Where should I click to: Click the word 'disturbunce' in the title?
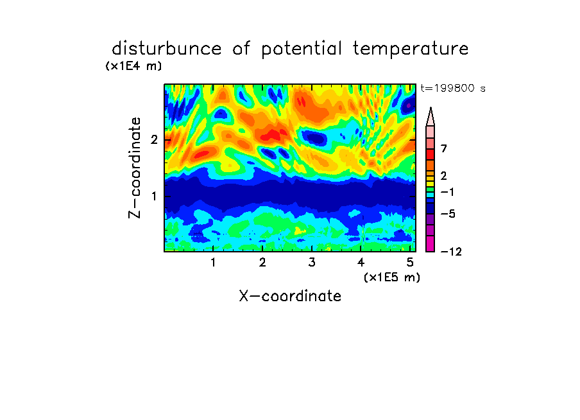coord(167,48)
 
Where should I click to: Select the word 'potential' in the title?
coord(302,49)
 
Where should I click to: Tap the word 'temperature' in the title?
coord(411,49)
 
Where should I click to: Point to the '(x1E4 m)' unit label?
coord(133,66)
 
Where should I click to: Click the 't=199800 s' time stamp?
coord(453,88)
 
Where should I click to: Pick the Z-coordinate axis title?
coord(135,168)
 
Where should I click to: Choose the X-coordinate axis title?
coord(290,296)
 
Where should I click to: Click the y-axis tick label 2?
coord(154,140)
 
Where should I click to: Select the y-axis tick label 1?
coord(154,196)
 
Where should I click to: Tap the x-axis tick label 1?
coord(213,263)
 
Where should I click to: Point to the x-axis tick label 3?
coord(312,263)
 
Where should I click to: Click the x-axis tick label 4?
coord(361,263)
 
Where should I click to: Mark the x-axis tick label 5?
coord(410,263)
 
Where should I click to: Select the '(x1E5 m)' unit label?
coord(392,277)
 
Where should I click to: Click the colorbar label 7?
coord(444,148)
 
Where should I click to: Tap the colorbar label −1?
coord(447,192)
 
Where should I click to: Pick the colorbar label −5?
coord(448,214)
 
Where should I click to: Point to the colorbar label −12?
coord(451,252)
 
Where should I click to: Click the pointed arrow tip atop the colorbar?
coord(431,108)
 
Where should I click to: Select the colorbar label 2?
coord(444,175)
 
